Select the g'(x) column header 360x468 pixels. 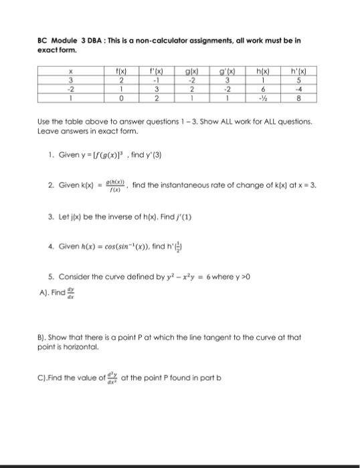(221, 68)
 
